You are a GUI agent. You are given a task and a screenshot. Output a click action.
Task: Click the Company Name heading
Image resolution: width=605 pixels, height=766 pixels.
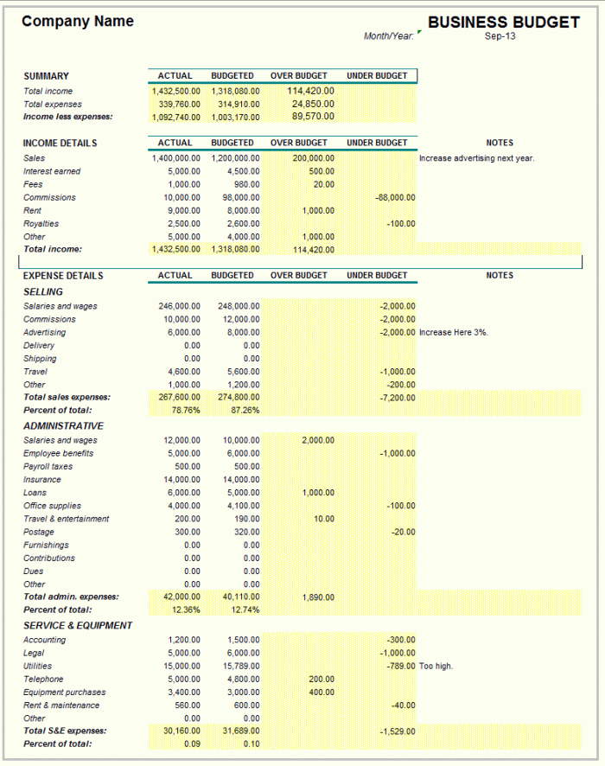78,21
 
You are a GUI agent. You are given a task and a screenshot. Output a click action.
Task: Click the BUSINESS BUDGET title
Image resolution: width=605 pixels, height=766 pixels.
503,22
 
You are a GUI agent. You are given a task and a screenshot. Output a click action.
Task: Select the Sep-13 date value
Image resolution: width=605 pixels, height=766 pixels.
499,36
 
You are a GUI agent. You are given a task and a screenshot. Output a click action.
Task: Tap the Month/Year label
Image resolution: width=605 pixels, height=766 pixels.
389,36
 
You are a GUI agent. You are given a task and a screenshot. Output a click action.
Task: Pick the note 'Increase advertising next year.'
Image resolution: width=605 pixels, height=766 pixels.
477,158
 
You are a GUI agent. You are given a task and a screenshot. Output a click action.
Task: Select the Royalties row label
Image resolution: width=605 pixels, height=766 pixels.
41,224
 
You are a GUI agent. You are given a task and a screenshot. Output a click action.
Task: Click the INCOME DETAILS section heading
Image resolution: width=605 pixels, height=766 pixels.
60,143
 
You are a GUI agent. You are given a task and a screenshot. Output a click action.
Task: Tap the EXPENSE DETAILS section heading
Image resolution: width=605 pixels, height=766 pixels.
63,276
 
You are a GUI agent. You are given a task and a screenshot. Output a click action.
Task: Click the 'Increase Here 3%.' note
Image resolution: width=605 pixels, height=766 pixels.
454,333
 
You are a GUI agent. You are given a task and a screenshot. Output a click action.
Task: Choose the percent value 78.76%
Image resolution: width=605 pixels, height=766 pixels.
186,411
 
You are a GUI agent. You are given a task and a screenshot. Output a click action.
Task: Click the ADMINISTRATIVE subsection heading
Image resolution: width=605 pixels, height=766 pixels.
63,426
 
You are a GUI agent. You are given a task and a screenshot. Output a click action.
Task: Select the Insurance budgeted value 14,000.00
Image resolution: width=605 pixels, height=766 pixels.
241,480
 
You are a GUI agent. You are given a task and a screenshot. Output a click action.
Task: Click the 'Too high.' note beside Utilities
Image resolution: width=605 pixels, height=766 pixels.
436,667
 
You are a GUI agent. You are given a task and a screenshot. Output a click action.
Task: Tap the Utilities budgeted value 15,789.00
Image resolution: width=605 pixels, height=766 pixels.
241,667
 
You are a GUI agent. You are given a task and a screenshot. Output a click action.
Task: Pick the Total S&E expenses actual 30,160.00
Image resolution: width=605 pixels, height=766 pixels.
181,731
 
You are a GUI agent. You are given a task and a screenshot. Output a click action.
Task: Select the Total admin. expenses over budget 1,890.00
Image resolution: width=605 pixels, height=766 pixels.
318,597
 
